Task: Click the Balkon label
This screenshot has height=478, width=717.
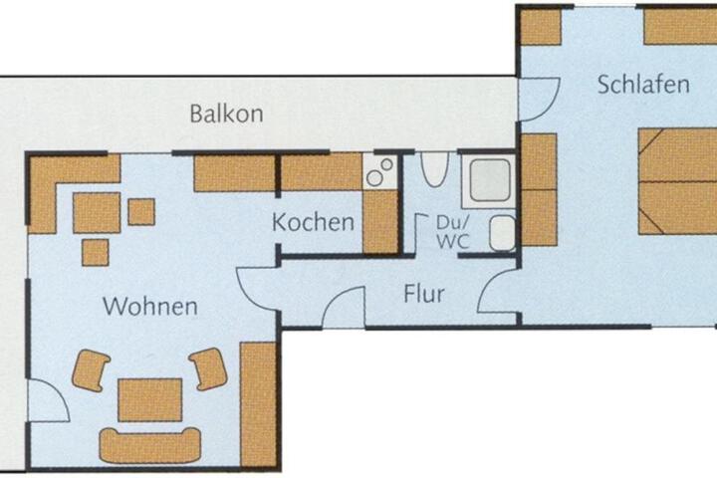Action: (x=226, y=114)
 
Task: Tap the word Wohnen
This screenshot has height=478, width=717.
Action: (x=150, y=306)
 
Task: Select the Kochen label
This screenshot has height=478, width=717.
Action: (x=314, y=222)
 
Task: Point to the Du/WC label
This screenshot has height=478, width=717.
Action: (x=453, y=232)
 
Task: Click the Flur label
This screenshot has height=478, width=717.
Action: (x=424, y=294)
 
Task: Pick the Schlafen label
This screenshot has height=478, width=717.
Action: (x=643, y=85)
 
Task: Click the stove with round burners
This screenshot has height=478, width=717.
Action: (x=380, y=171)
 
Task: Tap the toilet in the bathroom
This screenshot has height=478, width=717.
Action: (x=434, y=169)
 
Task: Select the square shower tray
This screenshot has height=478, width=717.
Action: (x=489, y=180)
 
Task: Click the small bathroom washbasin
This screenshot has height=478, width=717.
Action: (x=503, y=233)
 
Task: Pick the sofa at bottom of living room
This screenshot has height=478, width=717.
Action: (x=150, y=445)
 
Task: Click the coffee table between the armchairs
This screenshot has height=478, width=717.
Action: (x=150, y=399)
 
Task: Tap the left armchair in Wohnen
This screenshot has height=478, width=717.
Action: (x=91, y=370)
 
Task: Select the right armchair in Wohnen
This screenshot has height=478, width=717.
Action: (x=209, y=368)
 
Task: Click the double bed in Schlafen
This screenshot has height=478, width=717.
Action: (x=678, y=181)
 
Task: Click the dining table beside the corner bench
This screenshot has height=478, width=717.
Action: (x=97, y=213)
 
